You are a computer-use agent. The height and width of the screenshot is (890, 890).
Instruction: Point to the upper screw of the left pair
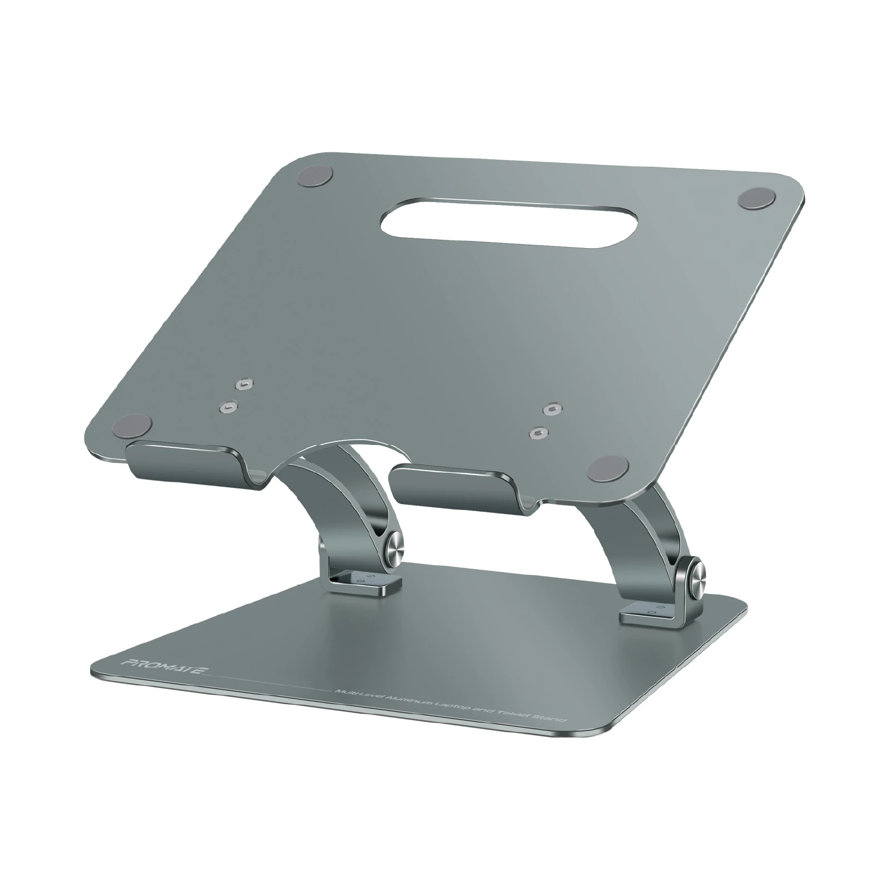[242, 385]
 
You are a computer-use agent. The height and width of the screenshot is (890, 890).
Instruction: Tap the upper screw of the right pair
[551, 409]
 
